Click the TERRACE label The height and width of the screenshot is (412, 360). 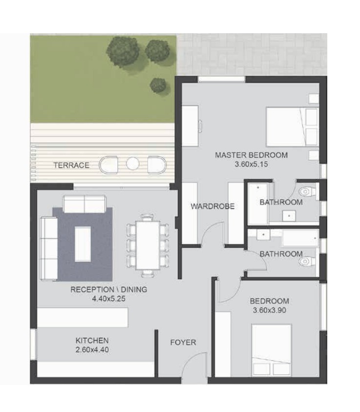71,165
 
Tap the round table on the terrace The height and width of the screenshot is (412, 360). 132,164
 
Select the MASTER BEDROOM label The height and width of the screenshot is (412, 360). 251,155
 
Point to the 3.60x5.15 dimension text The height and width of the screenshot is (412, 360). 251,164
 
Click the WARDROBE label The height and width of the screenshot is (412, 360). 212,206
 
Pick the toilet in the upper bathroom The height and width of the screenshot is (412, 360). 307,191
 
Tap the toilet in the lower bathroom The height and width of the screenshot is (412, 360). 307,262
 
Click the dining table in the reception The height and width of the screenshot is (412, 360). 148,245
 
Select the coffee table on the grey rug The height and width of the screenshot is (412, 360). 83,244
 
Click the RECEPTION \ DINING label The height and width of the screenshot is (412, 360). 108,289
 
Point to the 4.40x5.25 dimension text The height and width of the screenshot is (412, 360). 108,299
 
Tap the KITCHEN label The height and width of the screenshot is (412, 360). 92,341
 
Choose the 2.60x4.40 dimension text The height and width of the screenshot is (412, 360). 92,350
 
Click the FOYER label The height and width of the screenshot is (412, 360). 183,343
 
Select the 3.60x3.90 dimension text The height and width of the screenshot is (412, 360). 269,310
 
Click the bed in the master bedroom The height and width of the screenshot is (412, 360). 292,126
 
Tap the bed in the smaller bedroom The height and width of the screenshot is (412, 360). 272,350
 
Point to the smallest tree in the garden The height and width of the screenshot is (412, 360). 158,85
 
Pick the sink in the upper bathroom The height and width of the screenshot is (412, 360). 289,216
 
